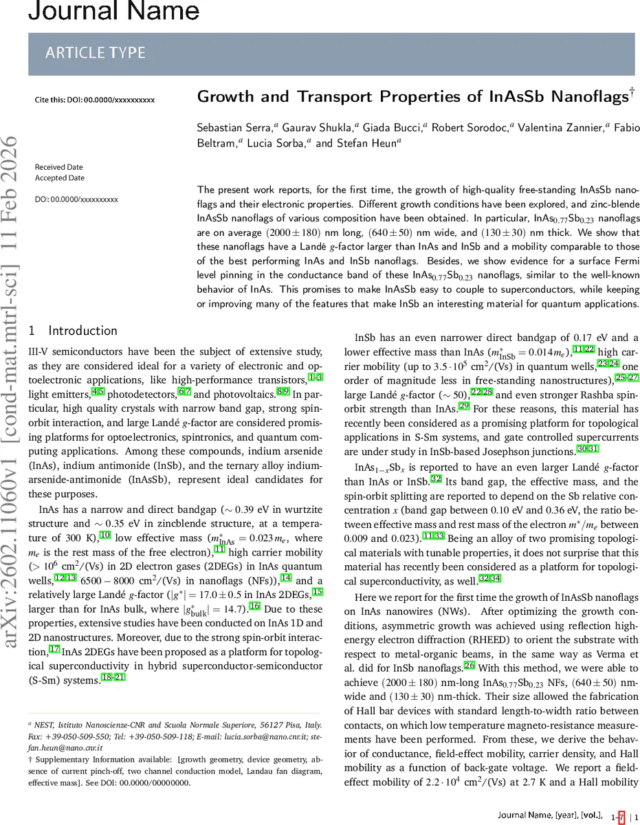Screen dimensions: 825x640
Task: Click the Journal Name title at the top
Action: (100, 12)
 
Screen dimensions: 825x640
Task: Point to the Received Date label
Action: (59, 167)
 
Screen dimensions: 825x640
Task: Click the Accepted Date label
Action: (59, 178)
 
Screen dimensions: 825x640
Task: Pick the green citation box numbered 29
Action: (464, 407)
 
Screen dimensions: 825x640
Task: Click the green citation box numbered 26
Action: (470, 665)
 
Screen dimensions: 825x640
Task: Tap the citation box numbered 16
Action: (254, 605)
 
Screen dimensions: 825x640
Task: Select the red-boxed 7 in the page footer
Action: (621, 817)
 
